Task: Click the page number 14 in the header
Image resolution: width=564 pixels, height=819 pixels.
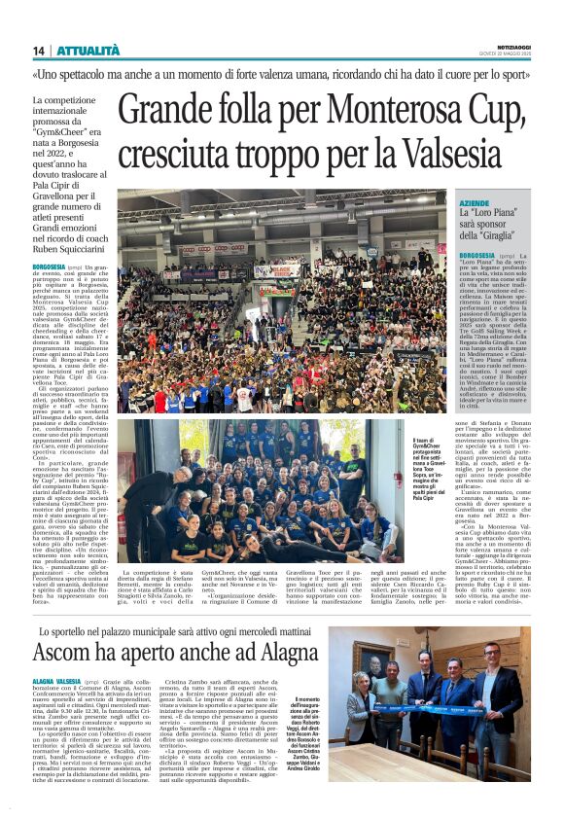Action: pyautogui.click(x=40, y=51)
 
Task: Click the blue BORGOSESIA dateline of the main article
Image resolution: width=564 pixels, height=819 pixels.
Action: pyautogui.click(x=49, y=267)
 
